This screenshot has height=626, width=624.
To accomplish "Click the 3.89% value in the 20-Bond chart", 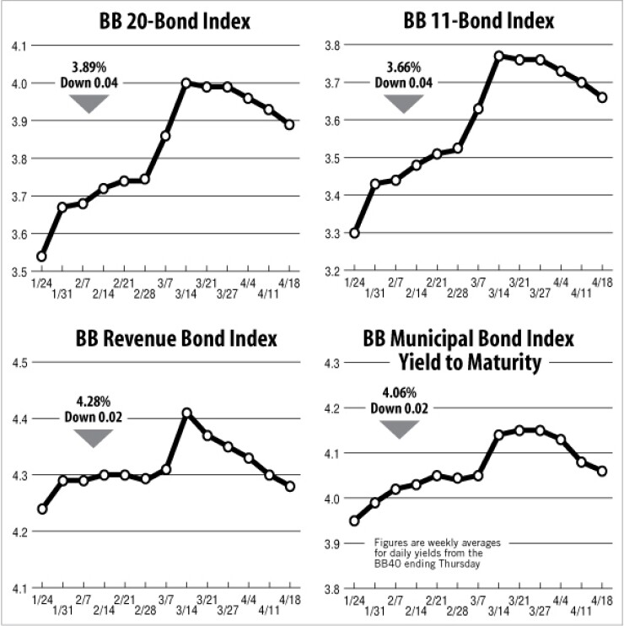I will [89, 68].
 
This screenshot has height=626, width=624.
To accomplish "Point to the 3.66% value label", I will [401, 68].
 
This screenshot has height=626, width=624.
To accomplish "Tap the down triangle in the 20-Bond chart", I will [89, 103].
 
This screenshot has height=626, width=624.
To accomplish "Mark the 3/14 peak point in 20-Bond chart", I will [186, 83].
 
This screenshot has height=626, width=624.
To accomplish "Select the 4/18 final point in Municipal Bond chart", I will [602, 471].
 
